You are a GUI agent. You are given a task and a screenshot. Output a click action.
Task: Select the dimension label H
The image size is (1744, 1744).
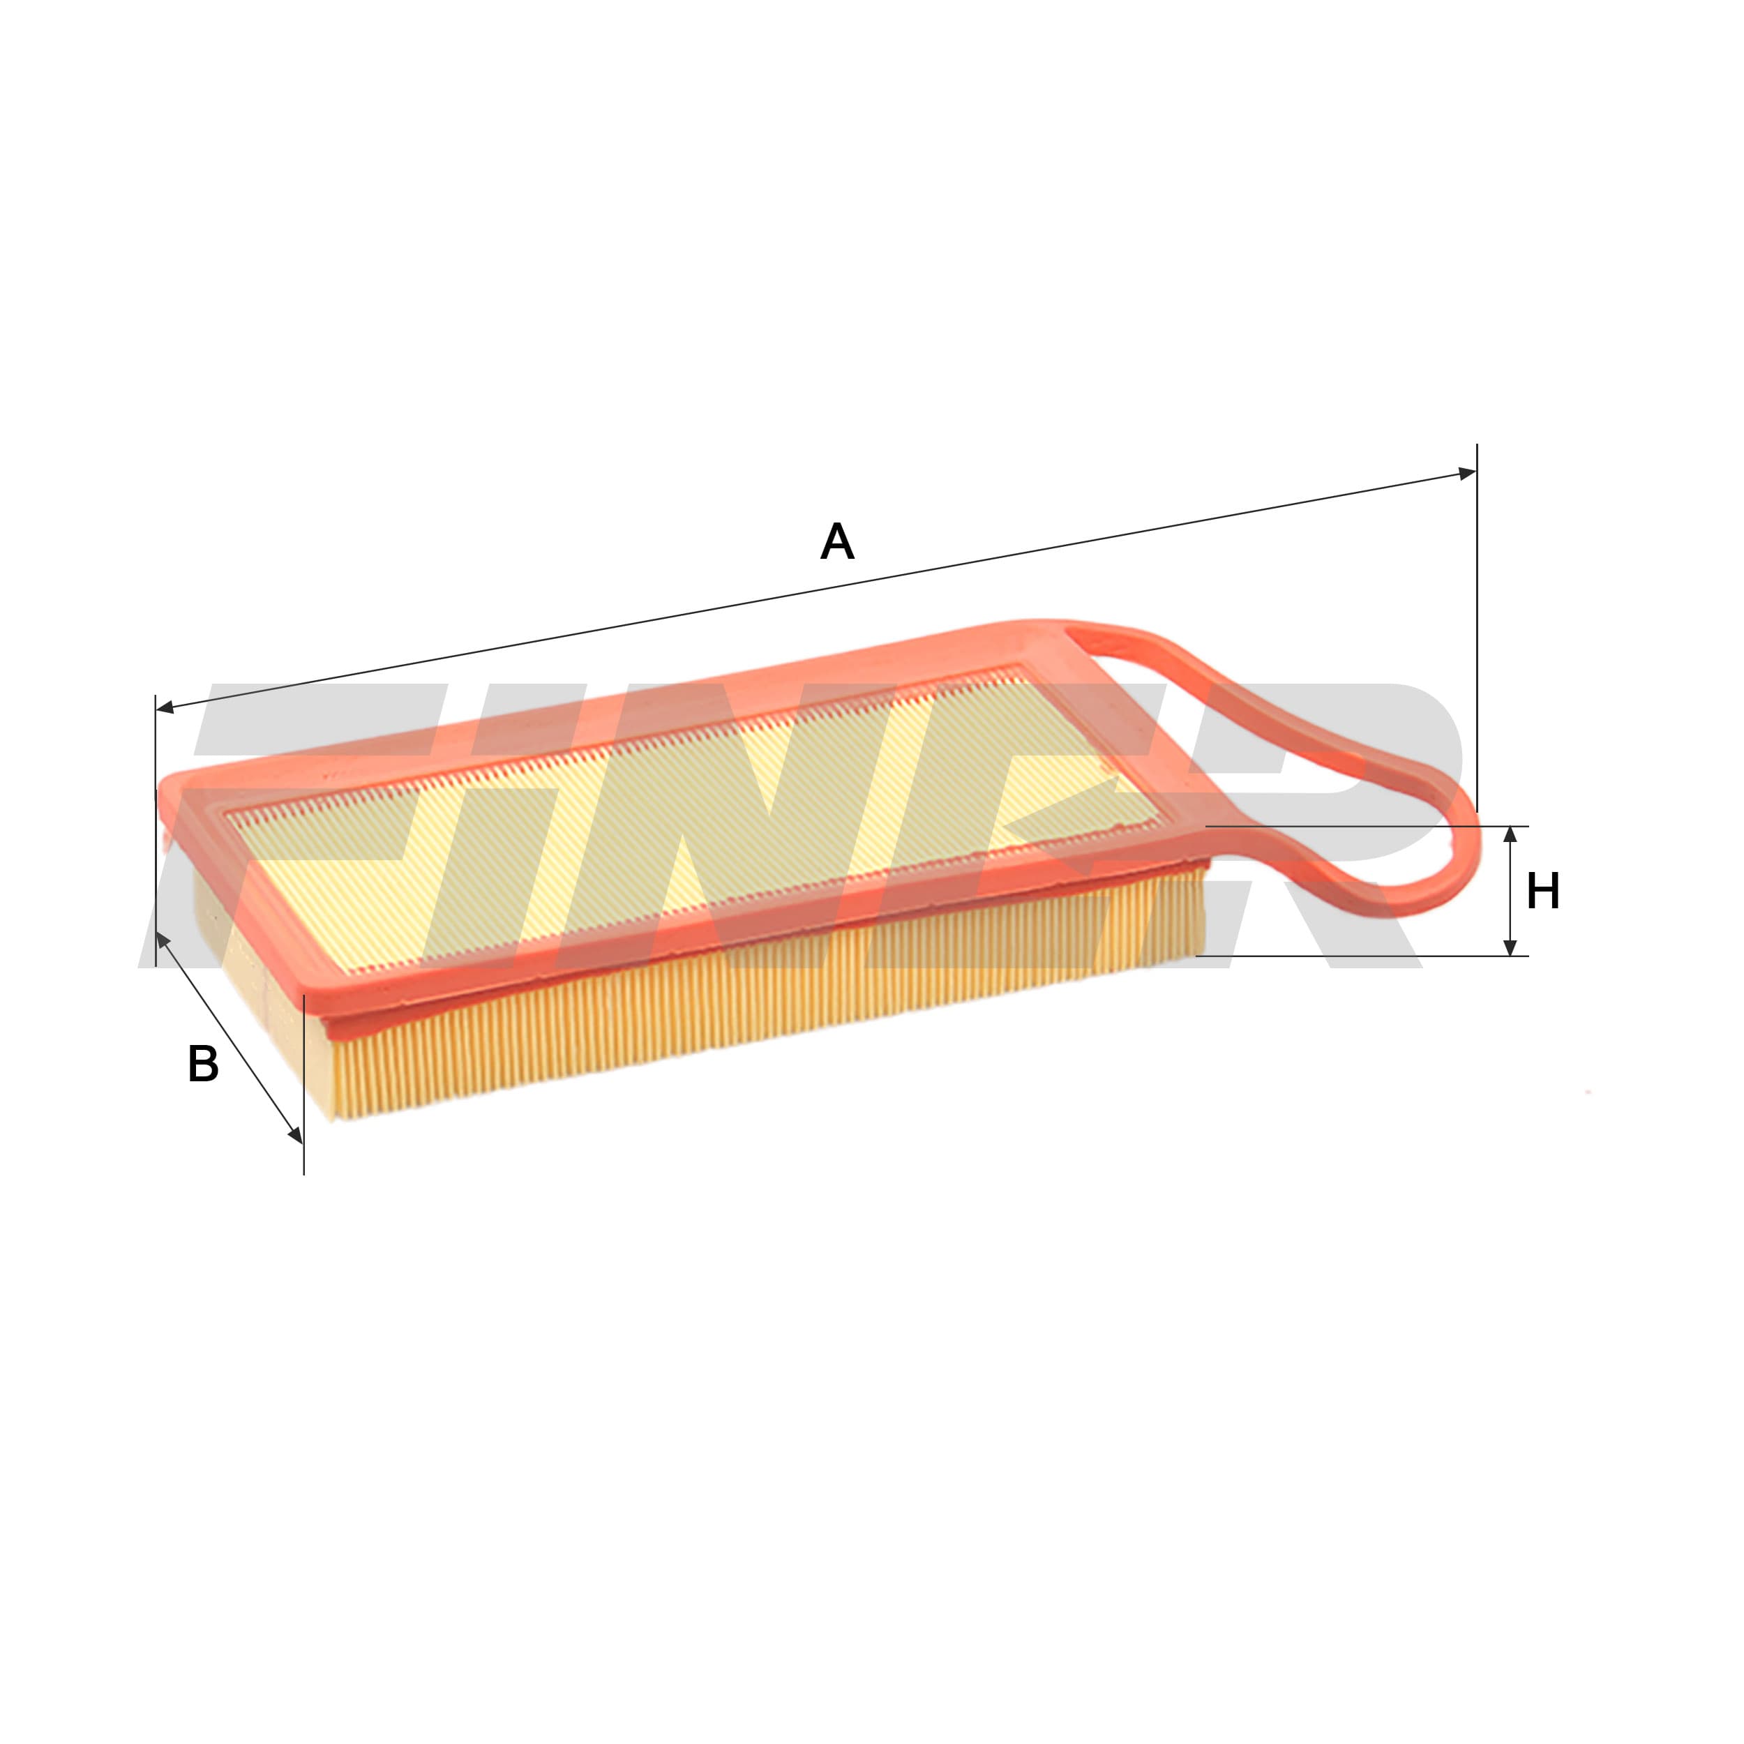[1542, 891]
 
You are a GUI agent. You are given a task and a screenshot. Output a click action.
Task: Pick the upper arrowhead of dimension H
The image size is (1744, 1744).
[1510, 836]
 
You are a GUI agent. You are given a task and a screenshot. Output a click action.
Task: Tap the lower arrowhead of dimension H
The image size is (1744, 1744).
[1510, 945]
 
